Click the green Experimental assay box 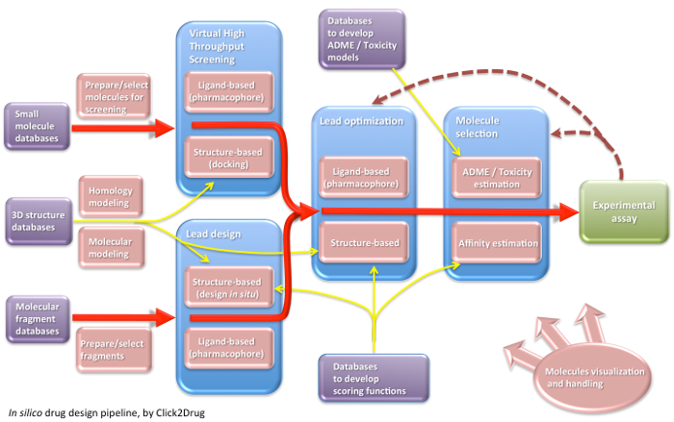(624, 211)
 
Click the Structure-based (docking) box (229, 158)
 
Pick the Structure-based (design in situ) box (229, 285)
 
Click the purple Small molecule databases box (37, 126)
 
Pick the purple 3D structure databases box (37, 221)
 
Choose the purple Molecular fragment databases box (37, 318)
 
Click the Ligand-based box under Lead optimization (364, 177)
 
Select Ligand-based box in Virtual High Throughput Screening (229, 92)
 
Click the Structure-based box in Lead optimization (364, 243)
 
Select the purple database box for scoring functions (373, 376)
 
